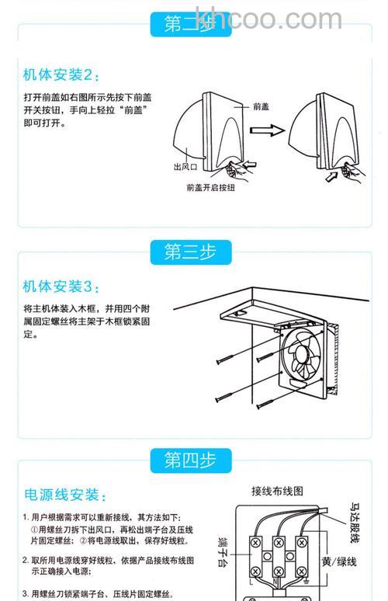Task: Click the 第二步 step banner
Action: point(191,25)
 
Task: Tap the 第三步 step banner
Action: point(191,252)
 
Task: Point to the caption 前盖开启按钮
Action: point(210,187)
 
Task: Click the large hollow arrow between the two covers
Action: point(270,132)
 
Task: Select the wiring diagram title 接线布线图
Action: point(276,491)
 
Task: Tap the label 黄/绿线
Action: point(340,561)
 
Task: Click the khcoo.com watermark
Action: point(268,19)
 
